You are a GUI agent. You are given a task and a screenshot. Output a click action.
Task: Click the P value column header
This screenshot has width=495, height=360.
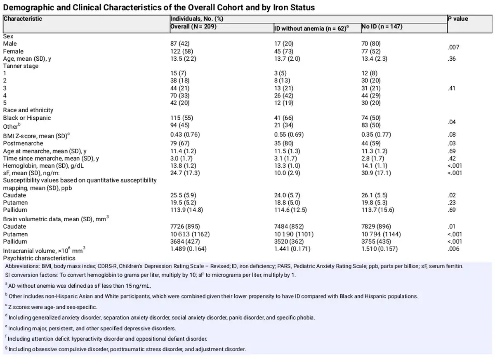[x=458, y=19]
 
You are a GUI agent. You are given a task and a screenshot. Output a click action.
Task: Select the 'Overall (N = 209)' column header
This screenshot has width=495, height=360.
[x=193, y=26]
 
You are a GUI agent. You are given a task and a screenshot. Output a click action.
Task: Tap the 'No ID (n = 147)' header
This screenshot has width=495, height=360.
[x=382, y=26]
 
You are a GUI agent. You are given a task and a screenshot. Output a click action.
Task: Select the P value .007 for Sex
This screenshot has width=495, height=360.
[x=453, y=47]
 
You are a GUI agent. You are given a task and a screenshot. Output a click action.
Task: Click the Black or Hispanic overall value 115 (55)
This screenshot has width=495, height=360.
[x=181, y=118]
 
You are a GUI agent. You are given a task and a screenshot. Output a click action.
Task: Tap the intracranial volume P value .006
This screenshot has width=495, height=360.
[x=453, y=249]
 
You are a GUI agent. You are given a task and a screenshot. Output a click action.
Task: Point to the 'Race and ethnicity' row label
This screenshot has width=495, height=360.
[x=28, y=110]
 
